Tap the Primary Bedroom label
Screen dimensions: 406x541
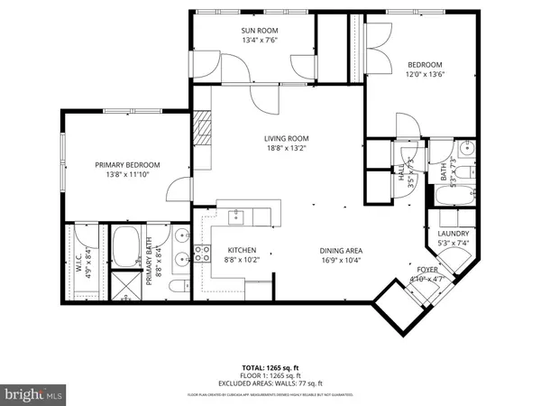pyautogui.click(x=128, y=165)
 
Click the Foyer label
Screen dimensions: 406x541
pyautogui.click(x=427, y=270)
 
